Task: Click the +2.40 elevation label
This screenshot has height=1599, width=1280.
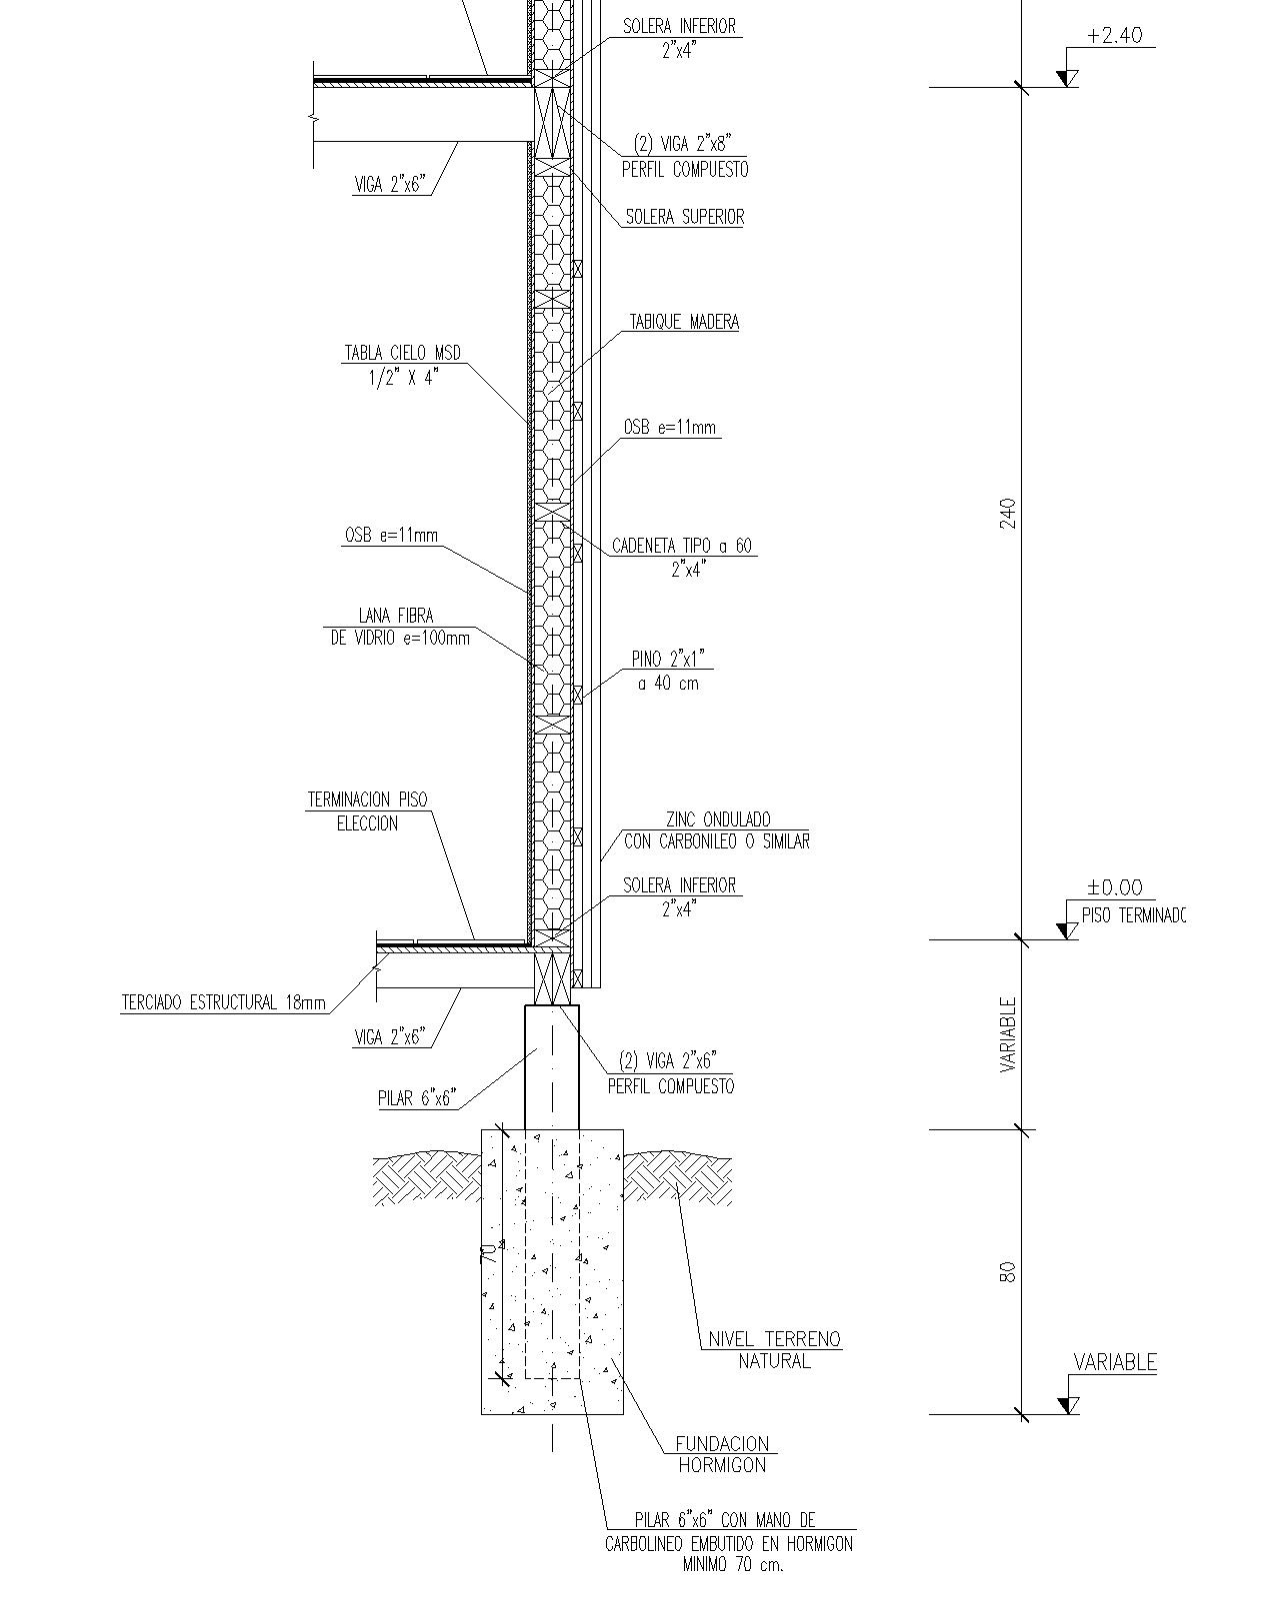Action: (1114, 36)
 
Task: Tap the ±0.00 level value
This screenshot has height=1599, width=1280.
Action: (1114, 887)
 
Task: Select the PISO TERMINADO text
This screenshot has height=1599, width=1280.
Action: (1133, 915)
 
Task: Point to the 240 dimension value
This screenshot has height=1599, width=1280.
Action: (1008, 514)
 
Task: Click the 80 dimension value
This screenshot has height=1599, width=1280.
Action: (1008, 1272)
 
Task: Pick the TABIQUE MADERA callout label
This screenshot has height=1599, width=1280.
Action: (684, 322)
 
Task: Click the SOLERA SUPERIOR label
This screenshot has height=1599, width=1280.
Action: (684, 217)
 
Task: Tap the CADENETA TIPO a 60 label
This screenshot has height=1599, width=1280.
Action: (682, 546)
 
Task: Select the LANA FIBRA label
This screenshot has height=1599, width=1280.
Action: (396, 616)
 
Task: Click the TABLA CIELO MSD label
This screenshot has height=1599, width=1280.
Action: (402, 352)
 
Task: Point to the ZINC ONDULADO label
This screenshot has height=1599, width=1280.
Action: (718, 819)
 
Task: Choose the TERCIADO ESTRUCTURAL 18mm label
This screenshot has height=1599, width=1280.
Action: (224, 1003)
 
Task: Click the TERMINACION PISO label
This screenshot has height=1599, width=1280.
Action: (367, 799)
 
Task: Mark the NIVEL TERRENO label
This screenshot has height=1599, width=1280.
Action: (774, 1339)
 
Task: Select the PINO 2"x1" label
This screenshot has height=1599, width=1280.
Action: (668, 659)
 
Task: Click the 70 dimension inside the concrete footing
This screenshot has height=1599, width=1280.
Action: (488, 1253)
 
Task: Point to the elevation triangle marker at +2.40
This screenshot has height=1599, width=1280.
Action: (1067, 78)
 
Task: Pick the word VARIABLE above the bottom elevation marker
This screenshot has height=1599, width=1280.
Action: (1115, 1362)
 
